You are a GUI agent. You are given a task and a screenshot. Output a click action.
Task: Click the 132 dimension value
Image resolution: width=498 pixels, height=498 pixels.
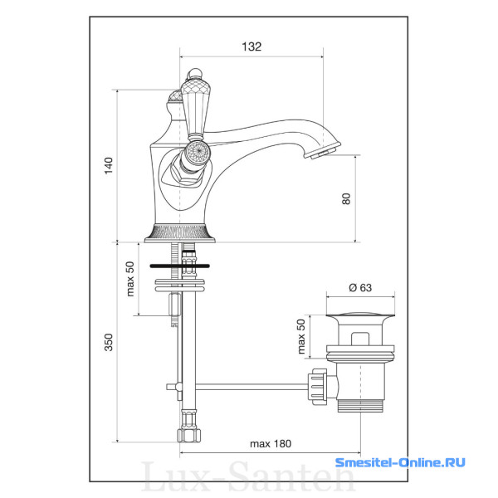[251, 46]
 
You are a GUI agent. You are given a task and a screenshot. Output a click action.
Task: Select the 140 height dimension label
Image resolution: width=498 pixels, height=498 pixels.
[109, 165]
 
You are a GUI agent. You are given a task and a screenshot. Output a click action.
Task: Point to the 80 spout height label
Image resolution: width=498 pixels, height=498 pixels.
[346, 199]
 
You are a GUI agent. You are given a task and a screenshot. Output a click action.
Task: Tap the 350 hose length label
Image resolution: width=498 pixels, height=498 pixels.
[109, 342]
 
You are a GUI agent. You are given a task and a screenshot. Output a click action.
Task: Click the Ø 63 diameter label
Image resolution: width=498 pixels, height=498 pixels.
[360, 287]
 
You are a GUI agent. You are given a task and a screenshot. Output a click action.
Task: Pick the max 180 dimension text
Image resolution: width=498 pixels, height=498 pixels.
[271, 443]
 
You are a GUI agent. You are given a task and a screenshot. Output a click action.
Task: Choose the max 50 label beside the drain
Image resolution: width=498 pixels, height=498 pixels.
[300, 336]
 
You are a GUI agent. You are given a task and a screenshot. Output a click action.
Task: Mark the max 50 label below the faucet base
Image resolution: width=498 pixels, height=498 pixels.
[130, 279]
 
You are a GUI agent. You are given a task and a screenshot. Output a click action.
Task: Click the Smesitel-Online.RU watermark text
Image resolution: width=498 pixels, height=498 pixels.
[400, 462]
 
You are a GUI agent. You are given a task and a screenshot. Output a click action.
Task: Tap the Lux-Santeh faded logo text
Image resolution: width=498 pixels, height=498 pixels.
[247, 476]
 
